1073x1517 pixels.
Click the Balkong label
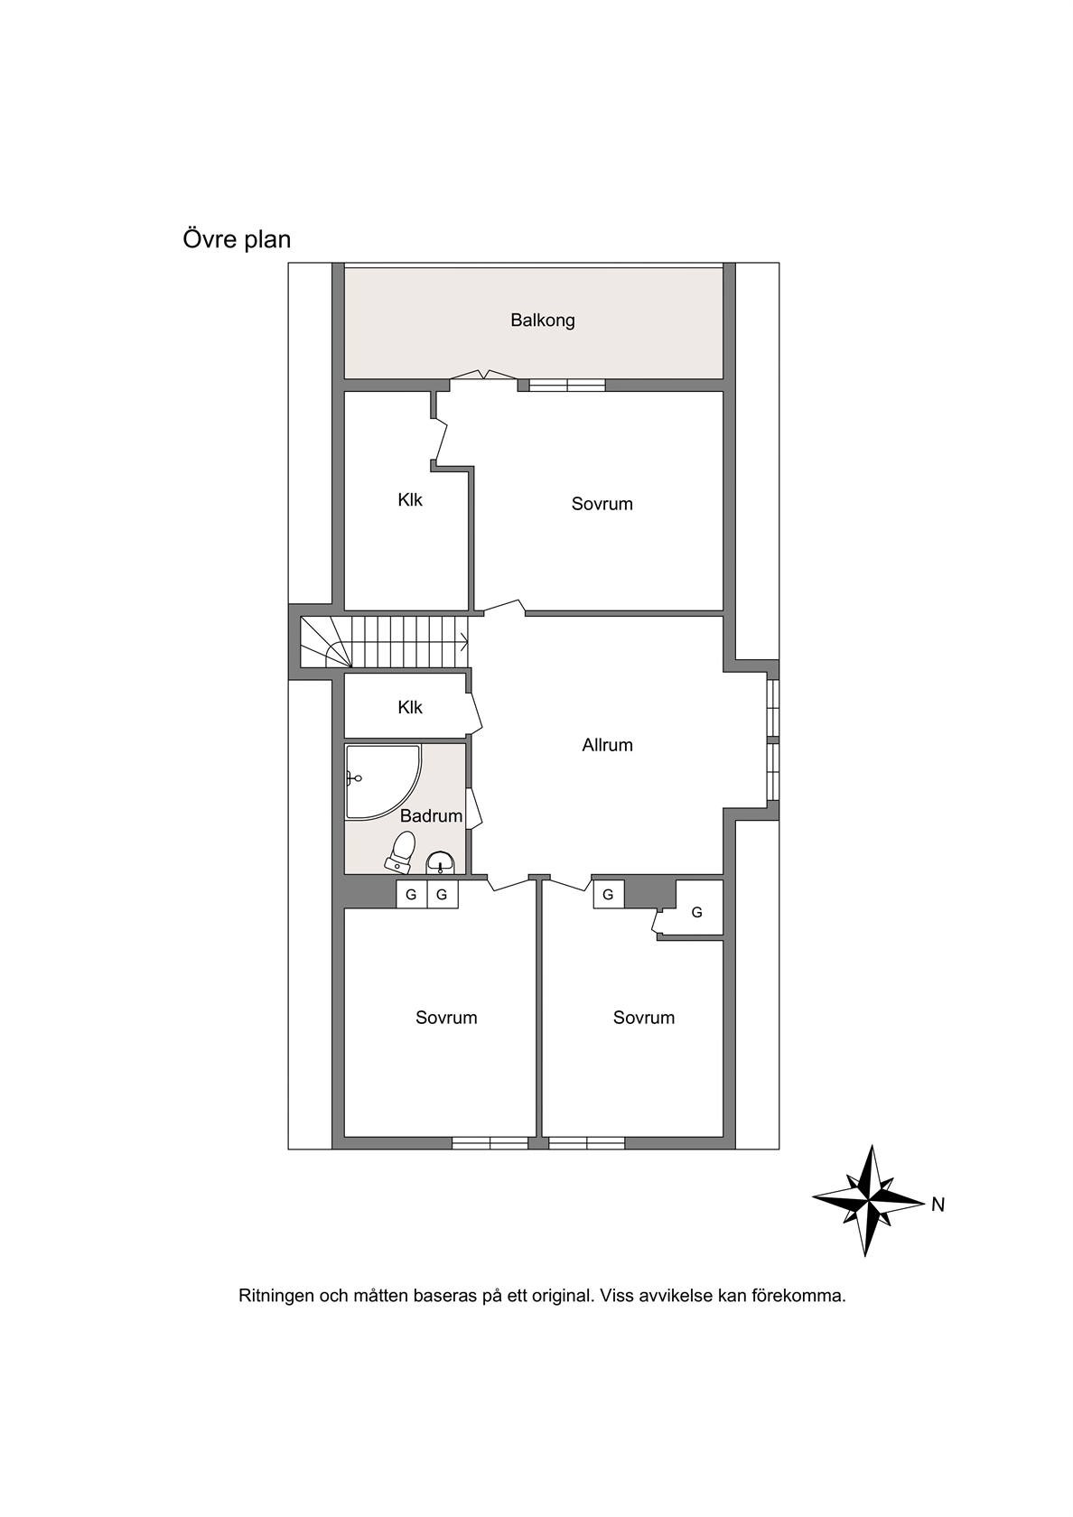tap(543, 321)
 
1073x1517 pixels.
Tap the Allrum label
tap(608, 745)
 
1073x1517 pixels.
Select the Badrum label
tap(432, 816)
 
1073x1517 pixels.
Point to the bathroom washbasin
tap(441, 863)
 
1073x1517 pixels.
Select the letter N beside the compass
tap(938, 1205)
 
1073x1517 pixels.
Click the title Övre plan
tap(237, 239)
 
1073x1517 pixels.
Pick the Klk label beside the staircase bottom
tap(410, 707)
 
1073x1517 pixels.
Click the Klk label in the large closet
tap(410, 500)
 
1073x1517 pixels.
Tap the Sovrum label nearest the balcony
tap(602, 504)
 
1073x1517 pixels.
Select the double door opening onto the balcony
tap(484, 376)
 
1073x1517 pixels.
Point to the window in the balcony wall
tap(567, 386)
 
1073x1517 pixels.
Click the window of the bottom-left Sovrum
tap(490, 1143)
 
